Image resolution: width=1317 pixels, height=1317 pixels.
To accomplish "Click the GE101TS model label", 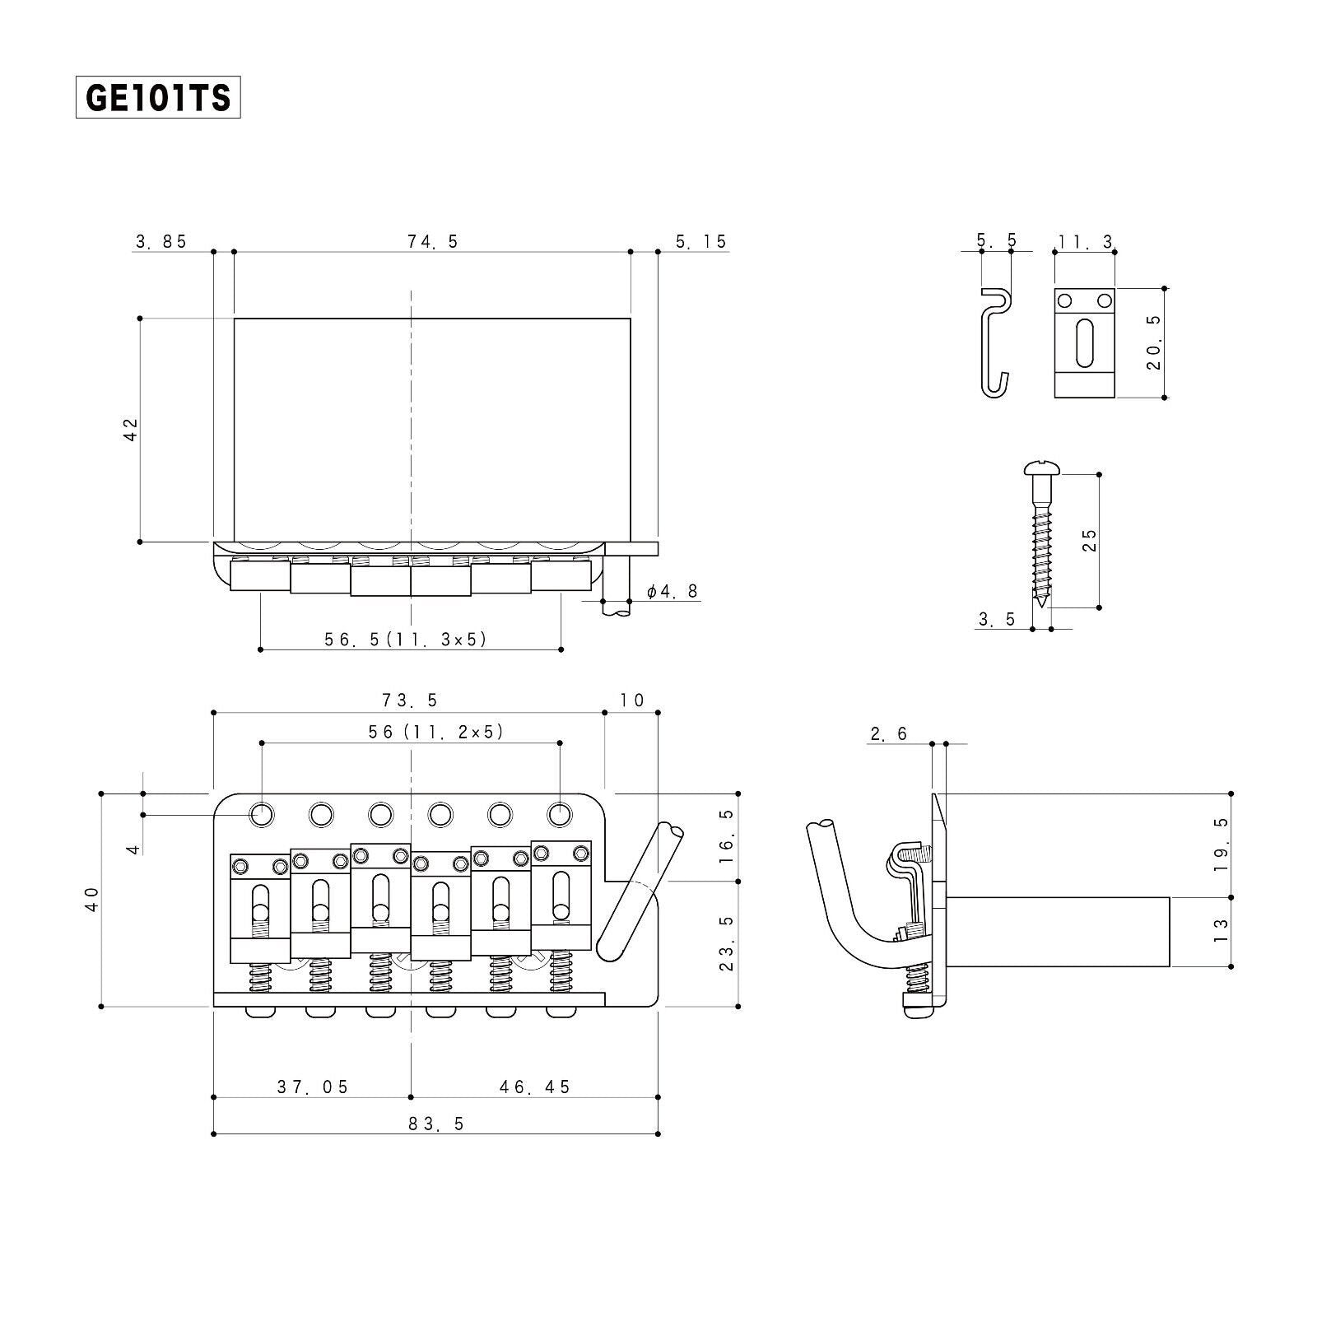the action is pos(158,98).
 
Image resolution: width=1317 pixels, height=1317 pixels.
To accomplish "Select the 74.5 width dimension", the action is pos(433,241).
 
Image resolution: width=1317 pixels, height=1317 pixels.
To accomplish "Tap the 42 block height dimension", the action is pos(131,430).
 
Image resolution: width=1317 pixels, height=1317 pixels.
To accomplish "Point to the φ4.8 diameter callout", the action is pos(673,591).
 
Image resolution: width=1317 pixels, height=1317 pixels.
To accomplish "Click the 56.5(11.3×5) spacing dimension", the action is pos(406,639).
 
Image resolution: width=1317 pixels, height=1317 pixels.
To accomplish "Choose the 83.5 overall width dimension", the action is pos(436,1124).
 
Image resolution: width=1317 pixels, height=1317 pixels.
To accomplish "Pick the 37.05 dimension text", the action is pos(313,1087).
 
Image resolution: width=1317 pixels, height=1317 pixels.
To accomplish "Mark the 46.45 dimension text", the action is pos(534,1087).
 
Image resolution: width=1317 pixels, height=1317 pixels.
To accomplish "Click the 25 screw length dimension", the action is pos(1089,540).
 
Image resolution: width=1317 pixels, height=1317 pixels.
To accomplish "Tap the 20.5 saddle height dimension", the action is pos(1154,342).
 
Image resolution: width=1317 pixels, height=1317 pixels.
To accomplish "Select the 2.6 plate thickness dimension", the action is pos(888,733).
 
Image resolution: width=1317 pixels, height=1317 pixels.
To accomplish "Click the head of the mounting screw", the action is pos(1044,470).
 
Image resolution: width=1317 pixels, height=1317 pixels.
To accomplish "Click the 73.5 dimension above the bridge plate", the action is pos(410,700).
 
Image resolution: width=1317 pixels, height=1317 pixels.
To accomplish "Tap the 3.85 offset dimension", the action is pos(161,241).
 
